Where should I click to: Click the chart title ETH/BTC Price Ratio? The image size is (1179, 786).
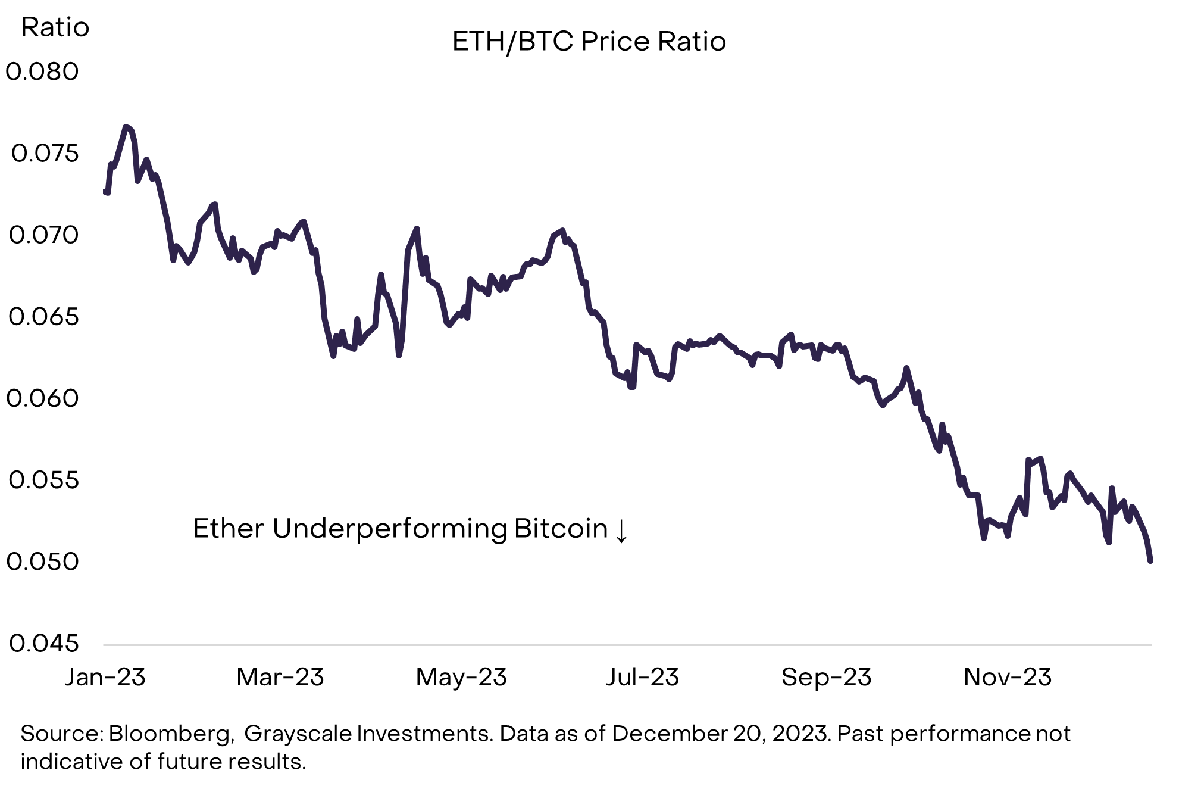(x=589, y=42)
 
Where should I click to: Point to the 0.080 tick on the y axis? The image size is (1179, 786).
(x=42, y=72)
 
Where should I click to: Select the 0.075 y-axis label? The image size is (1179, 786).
(x=45, y=154)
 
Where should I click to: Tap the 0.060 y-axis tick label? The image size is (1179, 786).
(x=42, y=398)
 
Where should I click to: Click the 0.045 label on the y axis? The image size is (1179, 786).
(x=43, y=644)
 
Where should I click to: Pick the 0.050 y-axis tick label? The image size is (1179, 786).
(x=42, y=562)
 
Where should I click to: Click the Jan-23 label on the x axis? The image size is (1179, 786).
(x=105, y=677)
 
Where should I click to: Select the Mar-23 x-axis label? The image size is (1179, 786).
(x=280, y=677)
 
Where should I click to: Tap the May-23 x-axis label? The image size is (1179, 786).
(x=461, y=677)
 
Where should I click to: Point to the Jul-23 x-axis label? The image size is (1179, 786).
(x=642, y=677)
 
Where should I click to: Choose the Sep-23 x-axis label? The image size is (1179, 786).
(x=826, y=677)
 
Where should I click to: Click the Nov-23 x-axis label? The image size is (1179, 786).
(x=1008, y=677)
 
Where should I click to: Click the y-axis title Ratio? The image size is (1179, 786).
(x=55, y=27)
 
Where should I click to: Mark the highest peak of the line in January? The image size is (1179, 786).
(x=126, y=127)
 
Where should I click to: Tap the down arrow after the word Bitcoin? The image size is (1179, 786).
(x=621, y=530)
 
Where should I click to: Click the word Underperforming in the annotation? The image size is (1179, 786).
(x=389, y=529)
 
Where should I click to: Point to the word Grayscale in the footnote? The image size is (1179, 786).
(x=298, y=734)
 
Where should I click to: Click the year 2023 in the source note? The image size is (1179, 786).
(x=800, y=734)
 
